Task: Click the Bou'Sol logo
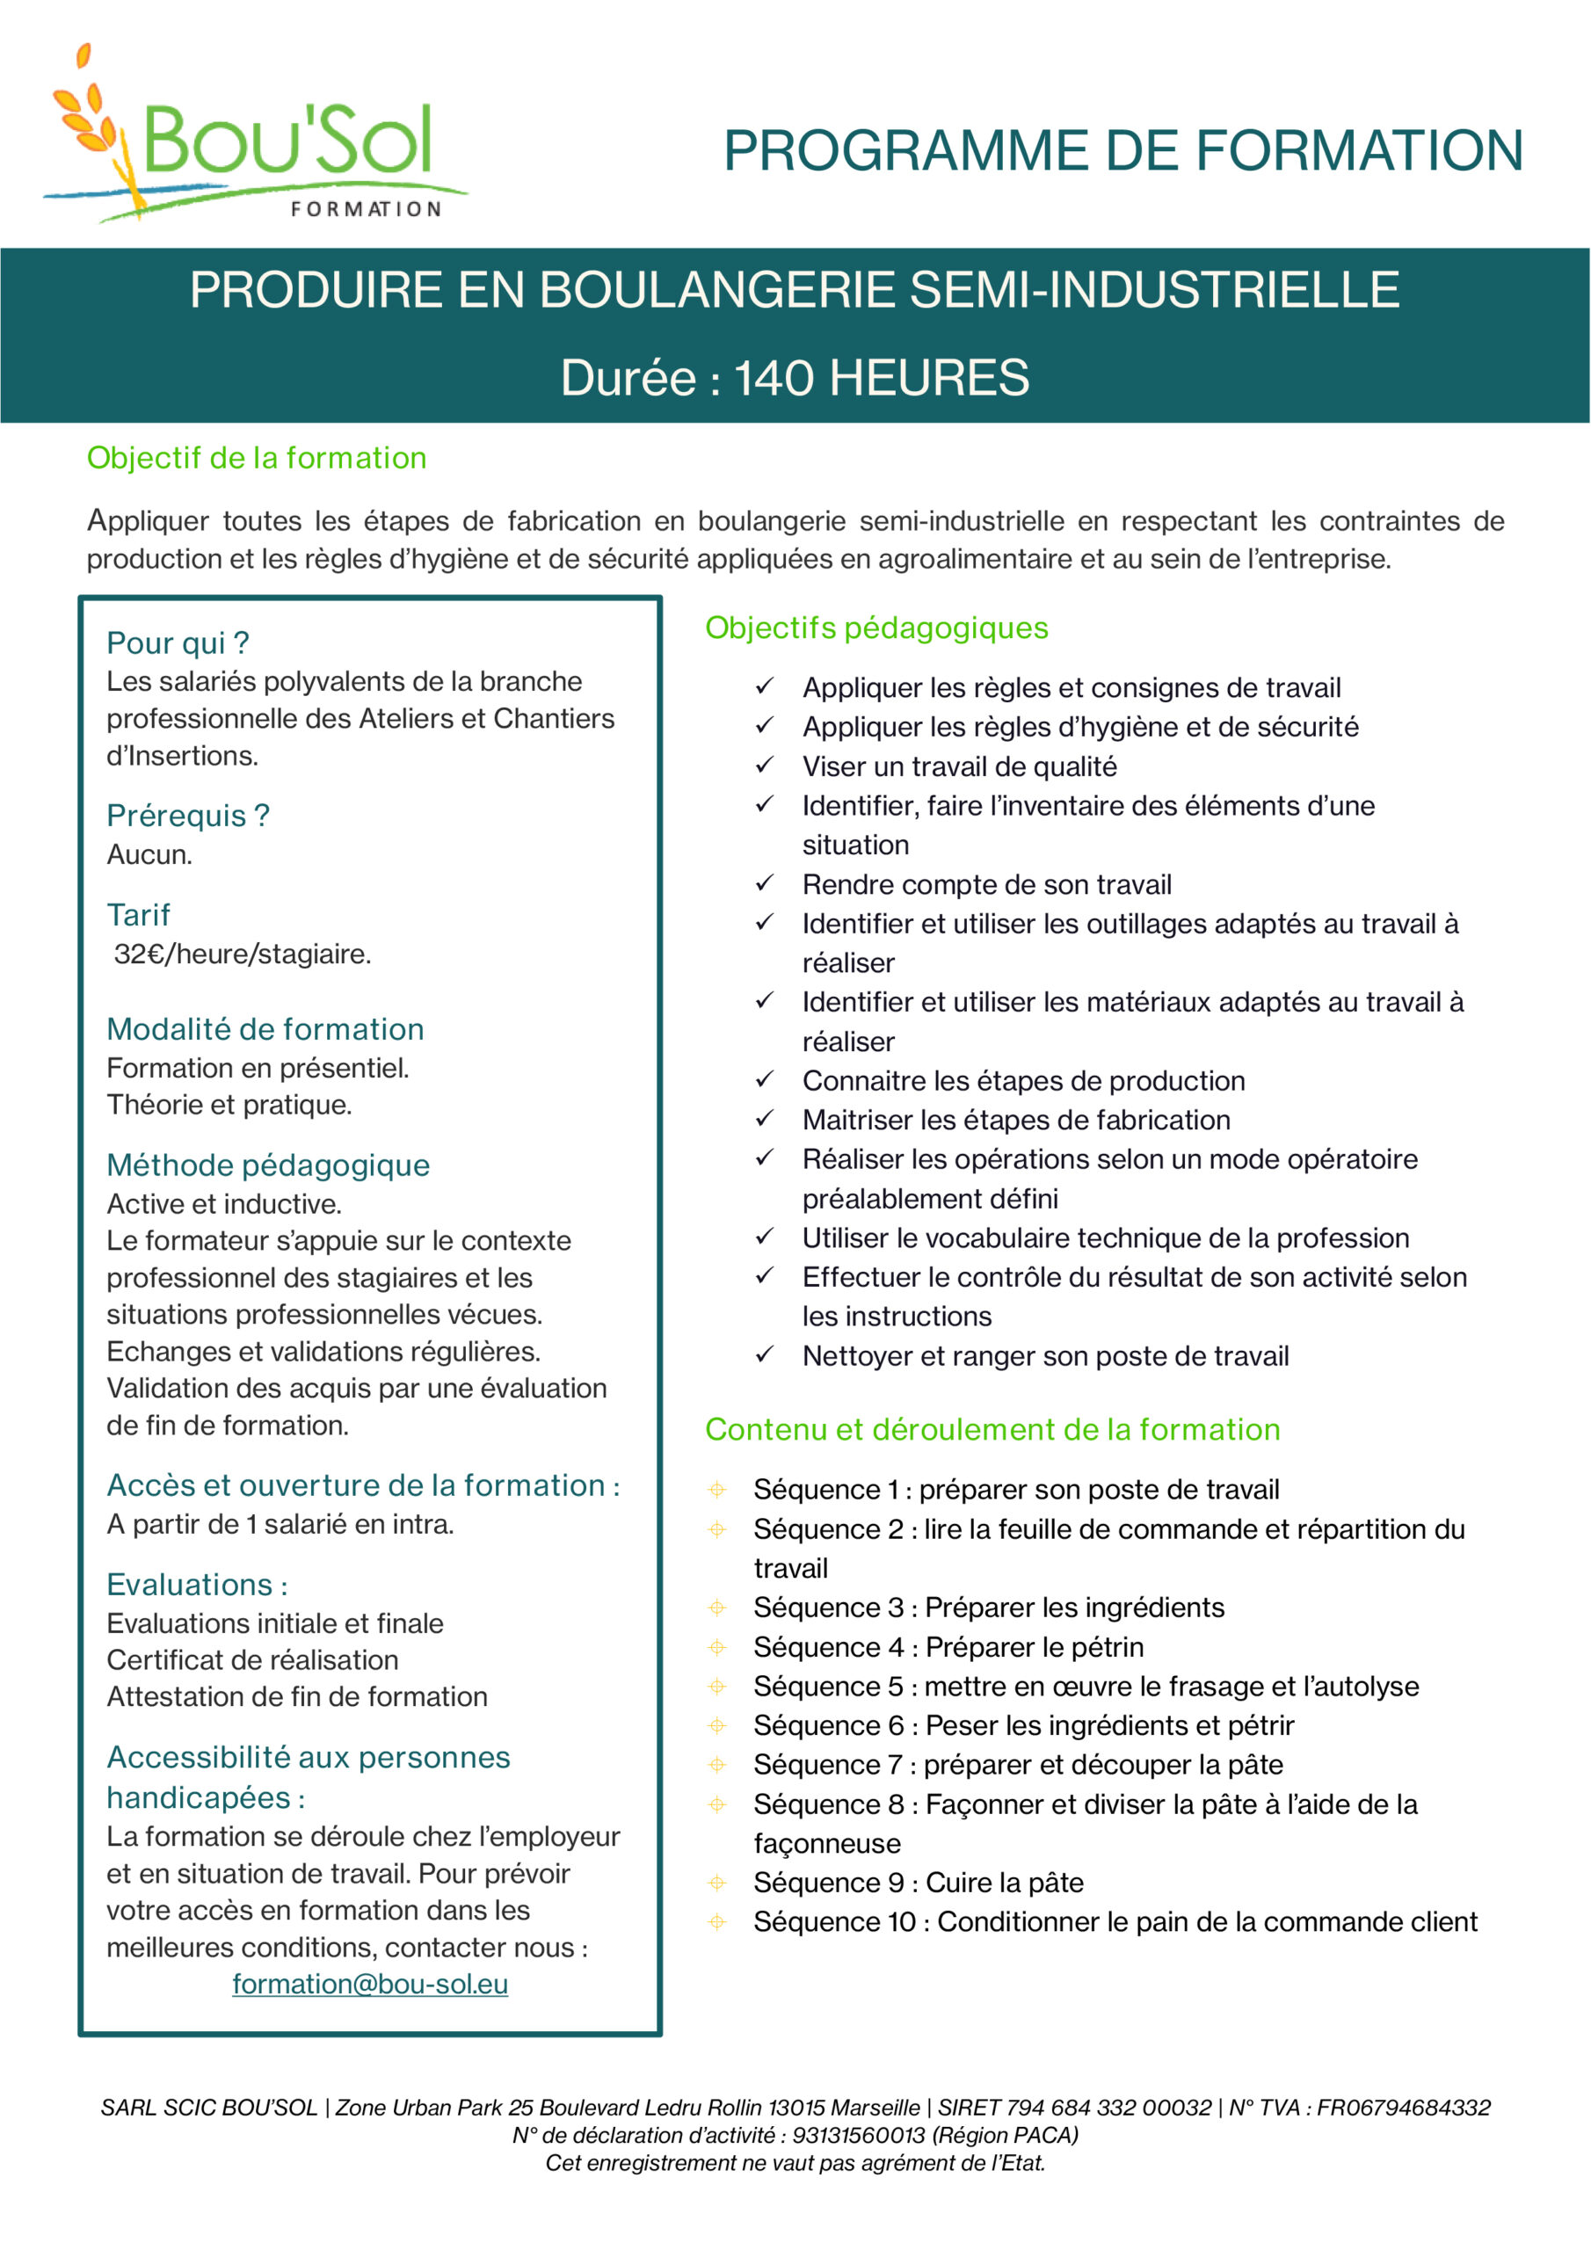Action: pyautogui.click(x=255, y=137)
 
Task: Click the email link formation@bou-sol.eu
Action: pyautogui.click(x=369, y=1984)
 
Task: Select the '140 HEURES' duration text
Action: pyautogui.click(x=882, y=378)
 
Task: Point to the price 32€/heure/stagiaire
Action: pyautogui.click(x=242, y=954)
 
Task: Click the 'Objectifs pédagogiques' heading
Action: pyautogui.click(x=876, y=628)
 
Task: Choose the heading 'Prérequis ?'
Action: pyautogui.click(x=187, y=816)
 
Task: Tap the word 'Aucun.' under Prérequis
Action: pyautogui.click(x=149, y=854)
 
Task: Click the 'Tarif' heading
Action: pyautogui.click(x=138, y=915)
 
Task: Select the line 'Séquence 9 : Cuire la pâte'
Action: pyautogui.click(x=918, y=1883)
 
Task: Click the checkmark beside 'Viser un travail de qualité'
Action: pyautogui.click(x=765, y=766)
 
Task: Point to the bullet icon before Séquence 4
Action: pyautogui.click(x=717, y=1647)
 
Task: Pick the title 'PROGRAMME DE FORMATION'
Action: pyautogui.click(x=1122, y=151)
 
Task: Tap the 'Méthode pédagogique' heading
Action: pyautogui.click(x=267, y=1165)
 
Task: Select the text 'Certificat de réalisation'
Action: pyautogui.click(x=252, y=1660)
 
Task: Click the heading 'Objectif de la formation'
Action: pyautogui.click(x=256, y=459)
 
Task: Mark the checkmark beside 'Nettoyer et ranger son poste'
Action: pyautogui.click(x=765, y=1354)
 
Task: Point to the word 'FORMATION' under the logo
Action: pyautogui.click(x=366, y=208)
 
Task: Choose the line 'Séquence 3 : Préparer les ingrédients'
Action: pyautogui.click(x=988, y=1608)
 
